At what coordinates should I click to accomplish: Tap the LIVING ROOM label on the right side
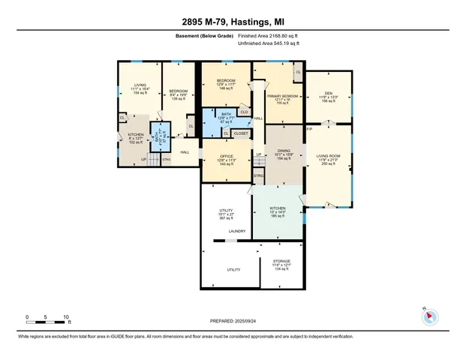pos(329,156)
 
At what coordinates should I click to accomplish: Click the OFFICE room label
pos(226,155)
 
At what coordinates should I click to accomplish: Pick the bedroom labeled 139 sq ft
pos(179,91)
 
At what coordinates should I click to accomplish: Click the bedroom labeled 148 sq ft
pos(226,80)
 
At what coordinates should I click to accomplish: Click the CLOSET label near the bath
pos(240,133)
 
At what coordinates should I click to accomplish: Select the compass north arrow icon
pos(430,316)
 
